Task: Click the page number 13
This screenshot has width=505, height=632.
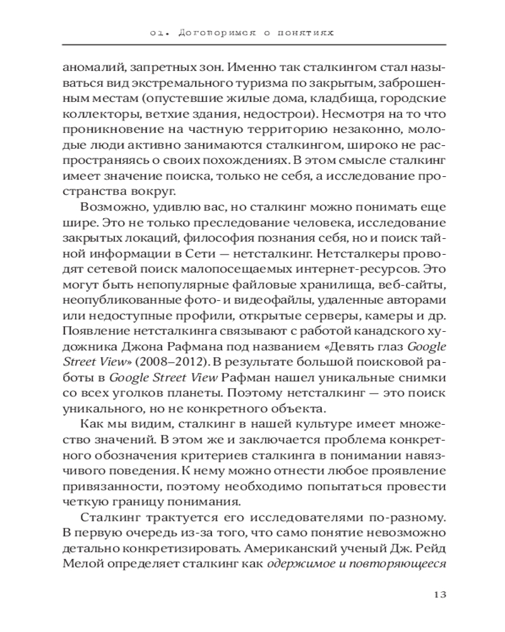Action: (x=439, y=595)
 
